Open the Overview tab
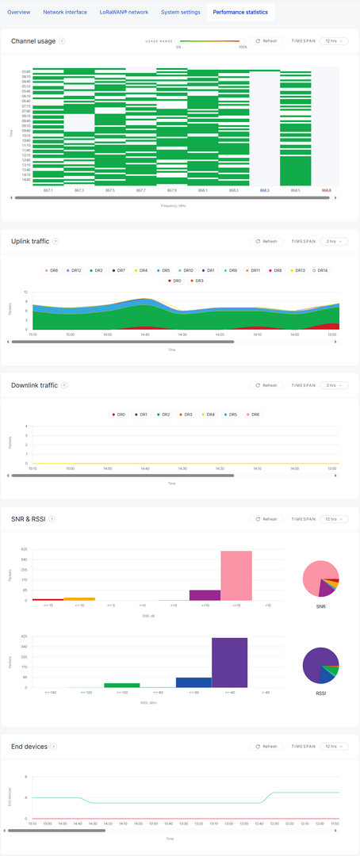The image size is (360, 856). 19,12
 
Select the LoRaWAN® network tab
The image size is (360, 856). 118,12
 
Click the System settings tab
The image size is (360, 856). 180,12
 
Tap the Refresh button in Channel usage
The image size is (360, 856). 266,41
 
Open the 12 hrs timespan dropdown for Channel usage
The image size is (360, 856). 334,41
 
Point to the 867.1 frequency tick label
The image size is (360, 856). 48,190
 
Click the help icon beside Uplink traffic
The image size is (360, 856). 56,241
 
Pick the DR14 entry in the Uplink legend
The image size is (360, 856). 320,270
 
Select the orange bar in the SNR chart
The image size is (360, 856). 79,598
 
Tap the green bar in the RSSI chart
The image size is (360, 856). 121,685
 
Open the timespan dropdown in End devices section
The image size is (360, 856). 334,747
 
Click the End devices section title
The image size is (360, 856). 29,747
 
